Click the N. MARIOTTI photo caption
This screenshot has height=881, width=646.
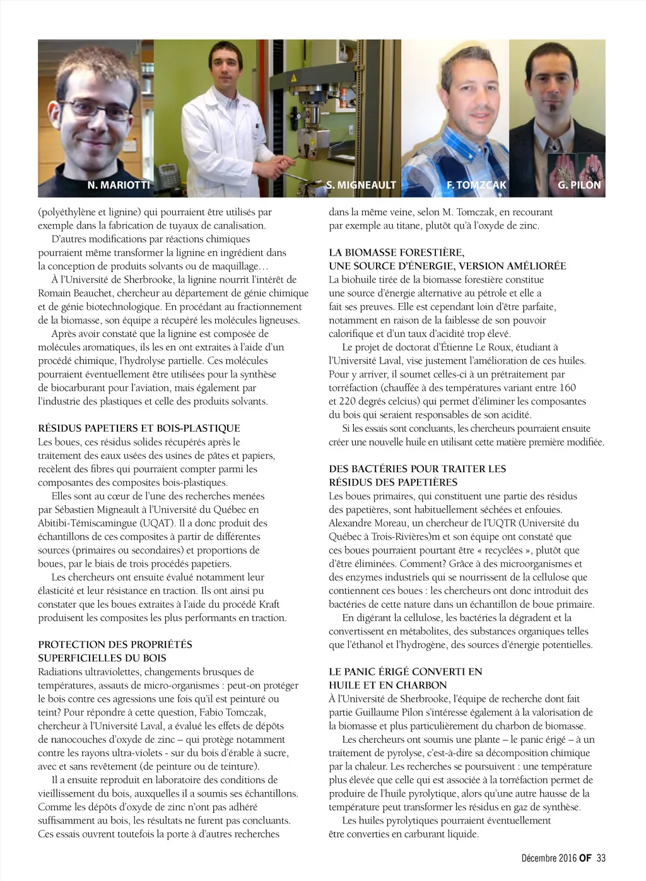(x=119, y=185)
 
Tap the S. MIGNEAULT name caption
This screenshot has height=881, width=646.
(x=361, y=185)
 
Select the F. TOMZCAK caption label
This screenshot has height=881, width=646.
(x=476, y=185)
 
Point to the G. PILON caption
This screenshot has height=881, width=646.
(x=578, y=185)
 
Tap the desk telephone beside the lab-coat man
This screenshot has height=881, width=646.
(x=168, y=172)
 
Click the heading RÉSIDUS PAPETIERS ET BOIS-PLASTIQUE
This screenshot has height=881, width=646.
(x=139, y=429)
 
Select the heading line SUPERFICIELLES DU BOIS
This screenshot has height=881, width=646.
(x=102, y=658)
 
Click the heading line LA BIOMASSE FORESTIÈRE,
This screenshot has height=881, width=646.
(x=396, y=252)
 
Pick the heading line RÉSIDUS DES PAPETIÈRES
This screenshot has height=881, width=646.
(x=393, y=483)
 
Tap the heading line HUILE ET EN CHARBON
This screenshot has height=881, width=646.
(x=387, y=685)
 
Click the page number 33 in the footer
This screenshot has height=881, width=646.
(x=601, y=858)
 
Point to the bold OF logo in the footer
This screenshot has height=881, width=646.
(x=585, y=858)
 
